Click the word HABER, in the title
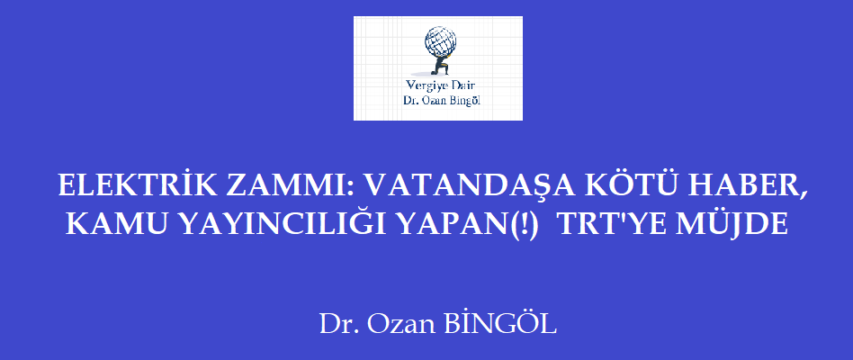pos(742,187)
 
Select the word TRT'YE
pos(612,223)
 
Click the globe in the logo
pos(441,41)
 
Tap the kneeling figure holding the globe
pos(440,65)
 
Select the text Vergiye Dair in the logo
pos(441,85)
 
